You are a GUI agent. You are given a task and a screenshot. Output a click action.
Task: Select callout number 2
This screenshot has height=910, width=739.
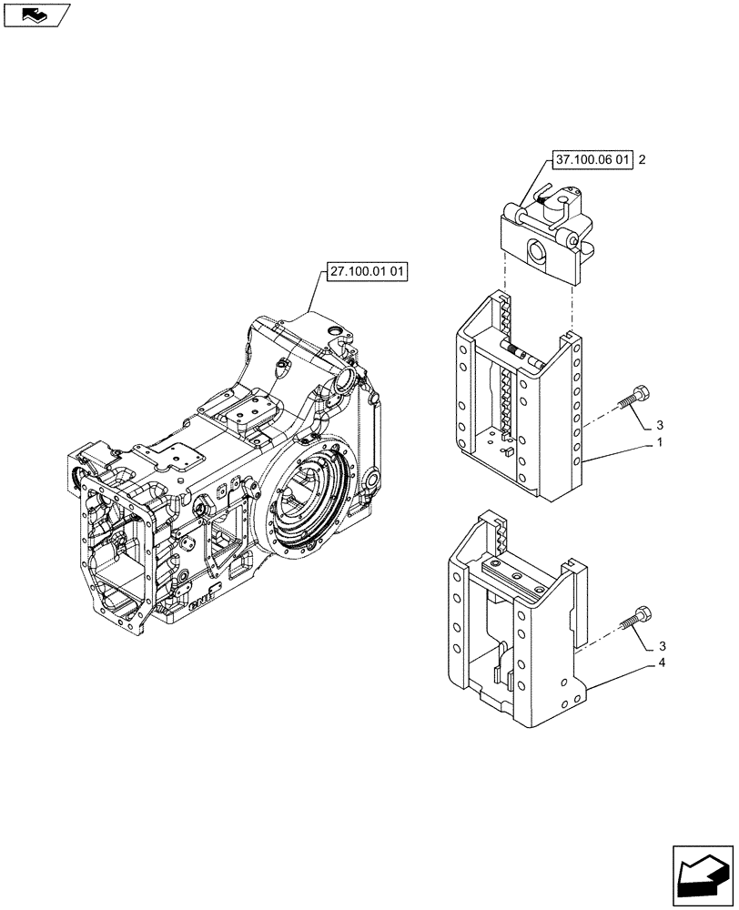coord(643,160)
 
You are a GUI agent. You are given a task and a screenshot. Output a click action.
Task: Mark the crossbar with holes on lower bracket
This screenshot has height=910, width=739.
coord(515,575)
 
